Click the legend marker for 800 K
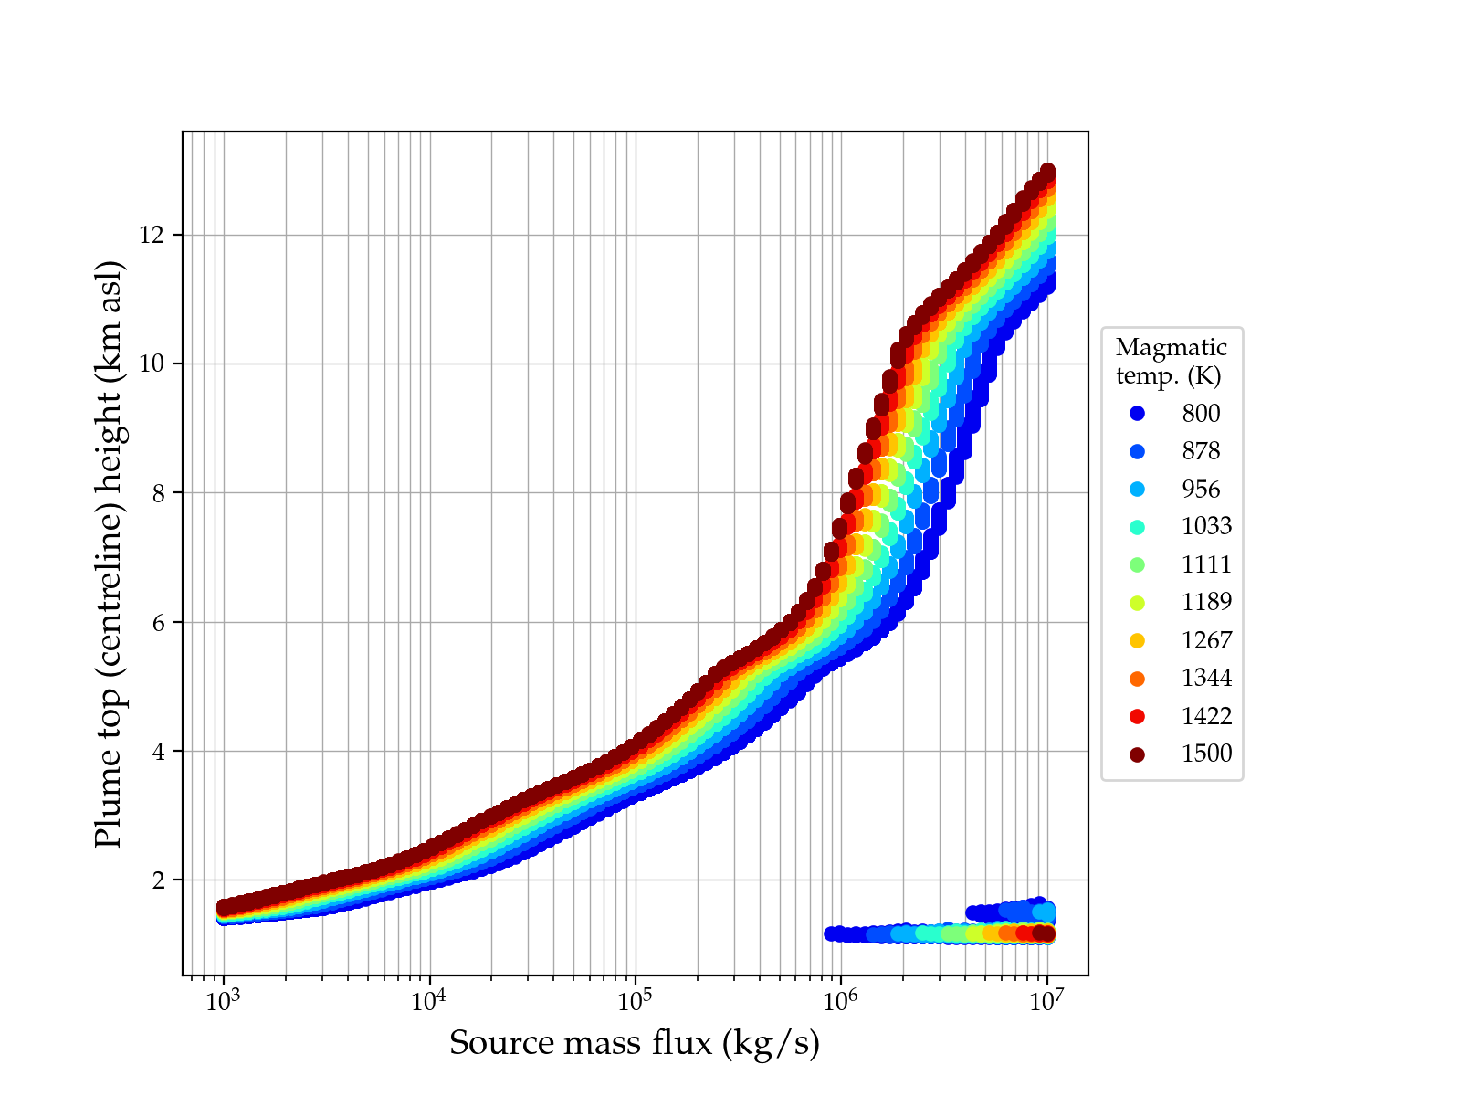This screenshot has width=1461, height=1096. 1137,414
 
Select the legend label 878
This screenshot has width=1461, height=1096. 1201,451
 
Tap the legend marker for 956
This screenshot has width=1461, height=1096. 1137,490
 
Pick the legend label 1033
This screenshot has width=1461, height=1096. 1206,526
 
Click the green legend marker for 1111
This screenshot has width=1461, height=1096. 1137,564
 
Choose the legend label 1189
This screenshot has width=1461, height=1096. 1206,602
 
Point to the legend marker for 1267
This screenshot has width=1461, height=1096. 1137,640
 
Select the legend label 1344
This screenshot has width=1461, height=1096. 1206,678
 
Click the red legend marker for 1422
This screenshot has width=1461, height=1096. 1137,716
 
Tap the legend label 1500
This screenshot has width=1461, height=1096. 1206,753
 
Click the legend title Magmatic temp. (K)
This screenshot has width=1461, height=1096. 1172,361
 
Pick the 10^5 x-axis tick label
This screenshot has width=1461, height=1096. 635,1001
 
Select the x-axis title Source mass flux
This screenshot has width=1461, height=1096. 635,1043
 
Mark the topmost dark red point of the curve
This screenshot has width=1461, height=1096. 1047,172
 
